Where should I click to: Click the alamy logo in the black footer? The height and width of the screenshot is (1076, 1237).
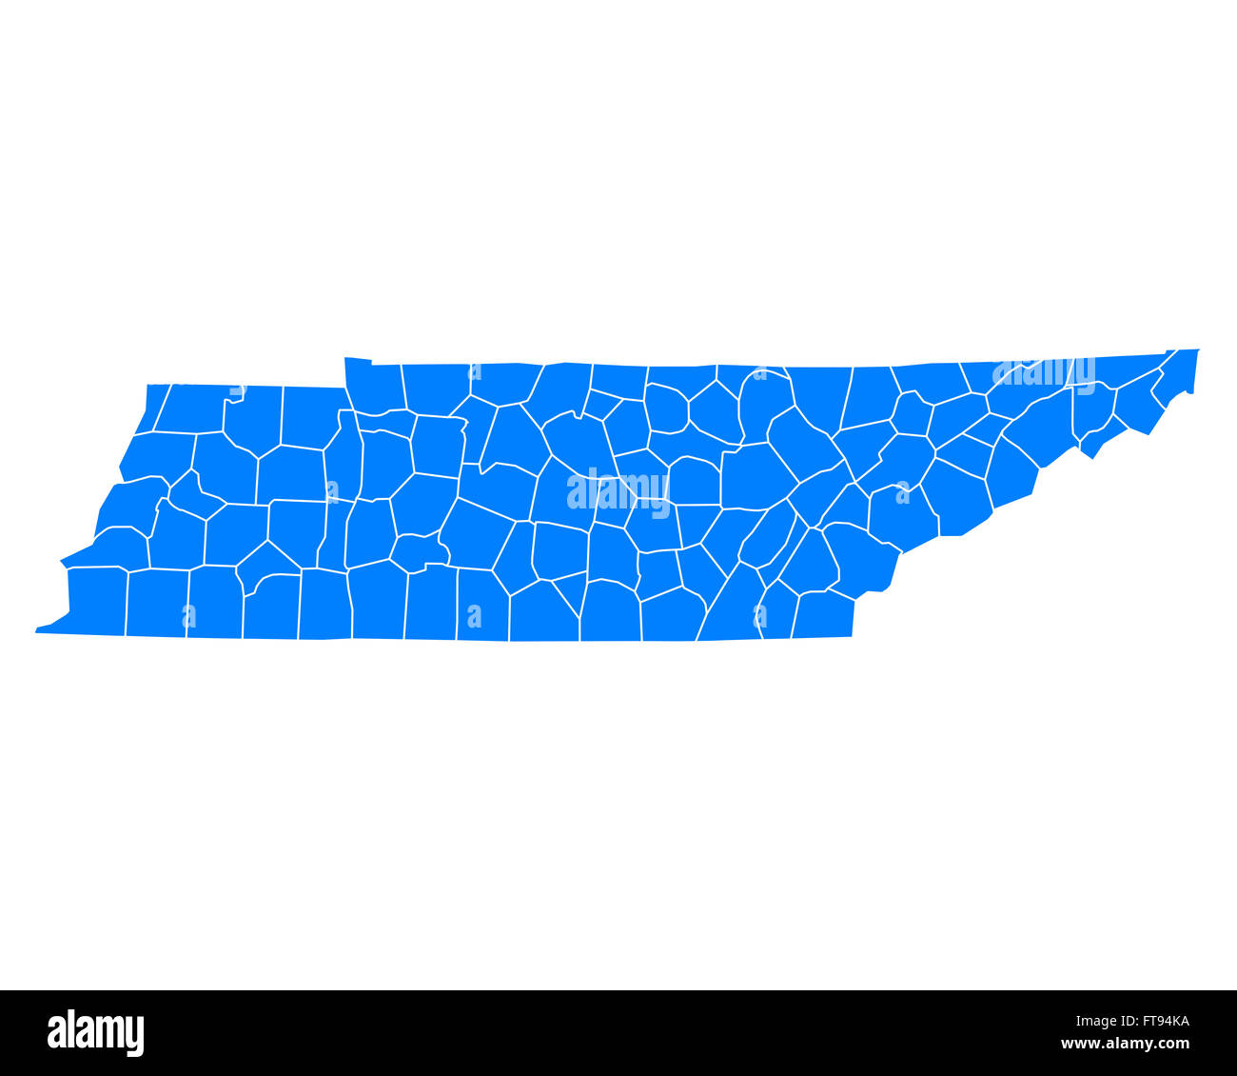click(x=96, y=1033)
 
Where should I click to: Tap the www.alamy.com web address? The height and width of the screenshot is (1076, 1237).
click(x=1126, y=1044)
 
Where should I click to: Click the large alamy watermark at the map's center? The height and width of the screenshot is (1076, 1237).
click(x=618, y=489)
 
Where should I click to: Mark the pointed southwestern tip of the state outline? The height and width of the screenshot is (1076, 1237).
click(x=37, y=629)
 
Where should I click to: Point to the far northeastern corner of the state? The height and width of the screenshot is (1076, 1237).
click(x=1198, y=350)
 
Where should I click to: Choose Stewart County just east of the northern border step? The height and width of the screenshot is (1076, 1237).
click(x=374, y=387)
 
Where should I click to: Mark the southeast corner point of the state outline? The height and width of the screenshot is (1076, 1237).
click(x=852, y=635)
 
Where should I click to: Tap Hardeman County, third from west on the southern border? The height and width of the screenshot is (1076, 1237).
click(x=215, y=602)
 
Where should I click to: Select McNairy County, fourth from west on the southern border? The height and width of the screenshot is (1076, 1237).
click(x=272, y=607)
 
